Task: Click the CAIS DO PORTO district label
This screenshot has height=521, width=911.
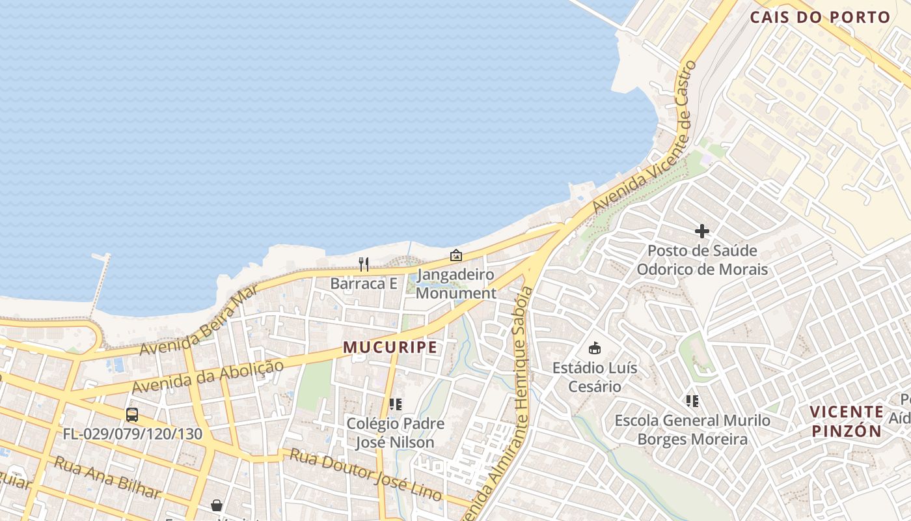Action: click(820, 18)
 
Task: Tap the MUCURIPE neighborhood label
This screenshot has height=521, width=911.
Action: click(390, 347)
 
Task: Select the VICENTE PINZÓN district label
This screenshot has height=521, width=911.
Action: click(847, 421)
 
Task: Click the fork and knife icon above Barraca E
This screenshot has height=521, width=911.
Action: click(364, 264)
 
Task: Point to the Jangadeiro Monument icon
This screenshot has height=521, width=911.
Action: click(456, 255)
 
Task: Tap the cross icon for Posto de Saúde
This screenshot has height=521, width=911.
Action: click(702, 231)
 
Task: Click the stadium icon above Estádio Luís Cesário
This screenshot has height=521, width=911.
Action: click(594, 348)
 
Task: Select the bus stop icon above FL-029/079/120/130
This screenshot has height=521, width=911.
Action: click(132, 414)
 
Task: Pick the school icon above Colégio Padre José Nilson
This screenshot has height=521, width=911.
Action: click(395, 404)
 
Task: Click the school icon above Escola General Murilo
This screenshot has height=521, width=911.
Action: click(692, 401)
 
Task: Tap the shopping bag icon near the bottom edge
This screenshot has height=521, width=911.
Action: click(216, 505)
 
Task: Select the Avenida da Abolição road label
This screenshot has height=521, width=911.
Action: click(208, 376)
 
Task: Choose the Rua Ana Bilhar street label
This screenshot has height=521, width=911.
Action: click(107, 477)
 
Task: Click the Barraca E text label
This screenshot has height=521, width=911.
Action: click(364, 283)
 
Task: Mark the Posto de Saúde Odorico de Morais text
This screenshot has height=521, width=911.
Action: click(702, 260)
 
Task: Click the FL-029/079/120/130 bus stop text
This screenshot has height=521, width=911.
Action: click(133, 434)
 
